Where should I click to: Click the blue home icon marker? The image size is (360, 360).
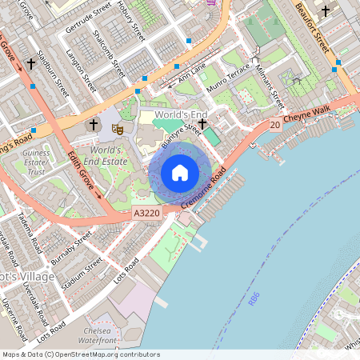pyautogui.click(x=180, y=172)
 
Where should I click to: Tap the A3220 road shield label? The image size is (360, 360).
pyautogui.click(x=146, y=213)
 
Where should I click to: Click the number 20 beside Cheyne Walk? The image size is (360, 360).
pyautogui.click(x=274, y=125)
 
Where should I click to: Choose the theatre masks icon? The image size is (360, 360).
pyautogui.click(x=117, y=126)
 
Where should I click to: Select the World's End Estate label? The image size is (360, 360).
pyautogui.click(x=109, y=155)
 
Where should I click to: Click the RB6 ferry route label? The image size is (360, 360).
pyautogui.click(x=254, y=299)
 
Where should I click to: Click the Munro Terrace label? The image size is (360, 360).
pyautogui.click(x=228, y=80)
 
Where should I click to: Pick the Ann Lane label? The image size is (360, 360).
pyautogui.click(x=192, y=70)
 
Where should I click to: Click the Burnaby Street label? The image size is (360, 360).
pyautogui.click(x=71, y=249)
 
